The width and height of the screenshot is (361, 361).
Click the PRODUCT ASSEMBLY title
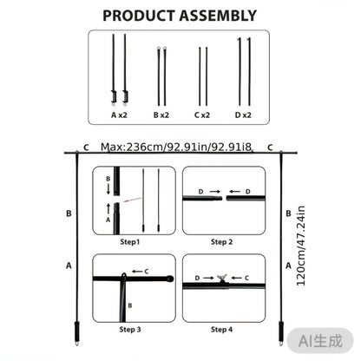pos(180,16)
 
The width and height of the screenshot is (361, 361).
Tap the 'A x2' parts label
pos(119,115)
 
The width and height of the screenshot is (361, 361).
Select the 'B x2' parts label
pos(161,115)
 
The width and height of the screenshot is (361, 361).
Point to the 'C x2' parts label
pos(202,115)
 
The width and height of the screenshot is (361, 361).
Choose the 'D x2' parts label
pos(243,115)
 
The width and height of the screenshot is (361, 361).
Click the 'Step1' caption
pos(130,242)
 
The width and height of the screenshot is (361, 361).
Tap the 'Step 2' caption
pos(221,242)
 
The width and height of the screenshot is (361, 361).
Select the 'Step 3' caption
pos(130,330)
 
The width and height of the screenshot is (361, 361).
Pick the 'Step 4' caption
pos(221,330)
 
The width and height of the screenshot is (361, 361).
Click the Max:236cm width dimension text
pos(176,148)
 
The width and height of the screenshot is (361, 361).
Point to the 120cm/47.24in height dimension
pos(301,246)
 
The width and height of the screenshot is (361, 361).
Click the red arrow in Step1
pos(132,200)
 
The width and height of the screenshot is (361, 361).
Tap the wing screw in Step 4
pos(222,278)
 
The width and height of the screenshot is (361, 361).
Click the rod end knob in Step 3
pos(170,279)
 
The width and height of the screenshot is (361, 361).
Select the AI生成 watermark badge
pos(320,341)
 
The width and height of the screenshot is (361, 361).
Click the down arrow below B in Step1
pos(108,189)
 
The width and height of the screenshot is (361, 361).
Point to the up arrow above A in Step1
pos(108,209)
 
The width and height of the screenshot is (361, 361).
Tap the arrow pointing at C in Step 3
pos(137,272)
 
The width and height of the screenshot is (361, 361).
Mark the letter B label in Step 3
pos(130,305)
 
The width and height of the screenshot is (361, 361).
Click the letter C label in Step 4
pos(246,278)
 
